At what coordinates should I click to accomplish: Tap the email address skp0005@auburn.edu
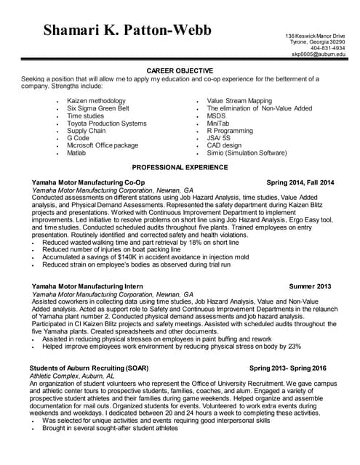coord(318,54)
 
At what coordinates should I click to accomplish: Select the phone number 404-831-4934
coord(327,48)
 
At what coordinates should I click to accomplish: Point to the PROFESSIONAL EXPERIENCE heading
coord(180,166)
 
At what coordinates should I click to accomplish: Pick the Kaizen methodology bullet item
coord(96,101)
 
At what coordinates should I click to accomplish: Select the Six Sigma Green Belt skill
coord(97,108)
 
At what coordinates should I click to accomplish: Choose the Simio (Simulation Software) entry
coord(247,153)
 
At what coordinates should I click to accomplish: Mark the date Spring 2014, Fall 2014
coord(300,182)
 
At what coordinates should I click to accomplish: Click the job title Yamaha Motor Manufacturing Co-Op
coord(89,182)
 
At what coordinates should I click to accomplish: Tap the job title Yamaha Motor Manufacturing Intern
coord(87,286)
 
